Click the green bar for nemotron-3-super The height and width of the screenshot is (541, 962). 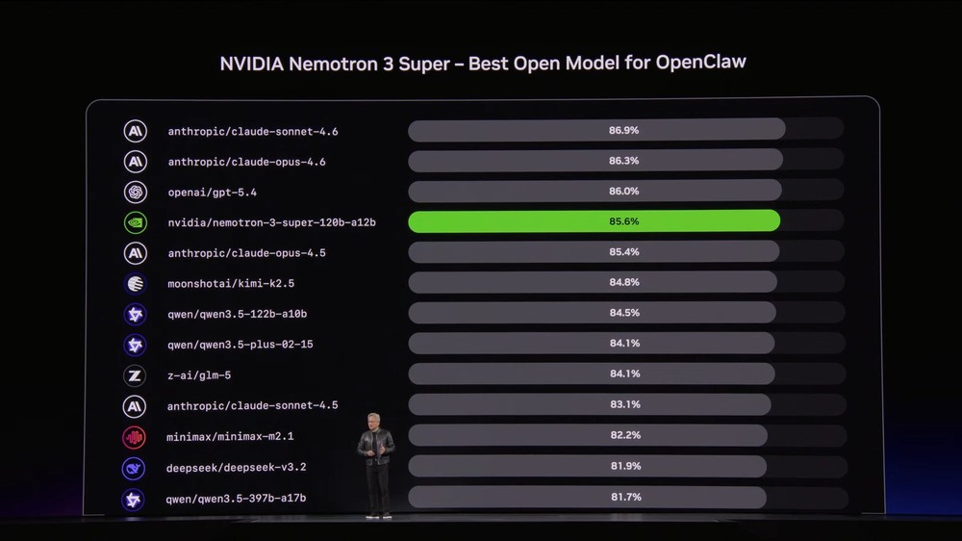pyautogui.click(x=594, y=221)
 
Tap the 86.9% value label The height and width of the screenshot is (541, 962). pyautogui.click(x=623, y=130)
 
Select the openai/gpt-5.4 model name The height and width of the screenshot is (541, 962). pyautogui.click(x=212, y=192)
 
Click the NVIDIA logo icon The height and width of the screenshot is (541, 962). pyautogui.click(x=135, y=222)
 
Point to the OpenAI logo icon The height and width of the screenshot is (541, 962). pyautogui.click(x=135, y=192)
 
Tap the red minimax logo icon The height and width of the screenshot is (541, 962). pyautogui.click(x=135, y=437)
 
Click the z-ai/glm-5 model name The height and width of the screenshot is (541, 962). pyautogui.click(x=199, y=374)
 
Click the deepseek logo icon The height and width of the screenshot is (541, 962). pyautogui.click(x=135, y=468)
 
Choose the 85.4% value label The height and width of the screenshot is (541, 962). pyautogui.click(x=623, y=252)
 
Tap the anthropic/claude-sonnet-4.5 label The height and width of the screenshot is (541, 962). pyautogui.click(x=252, y=405)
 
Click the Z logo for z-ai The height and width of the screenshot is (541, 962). pyautogui.click(x=135, y=375)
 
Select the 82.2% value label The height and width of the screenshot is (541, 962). pyautogui.click(x=623, y=435)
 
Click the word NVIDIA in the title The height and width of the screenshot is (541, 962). pyautogui.click(x=253, y=64)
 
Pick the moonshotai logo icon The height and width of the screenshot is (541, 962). pyautogui.click(x=135, y=283)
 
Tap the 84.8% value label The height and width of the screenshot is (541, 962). pyautogui.click(x=623, y=282)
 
